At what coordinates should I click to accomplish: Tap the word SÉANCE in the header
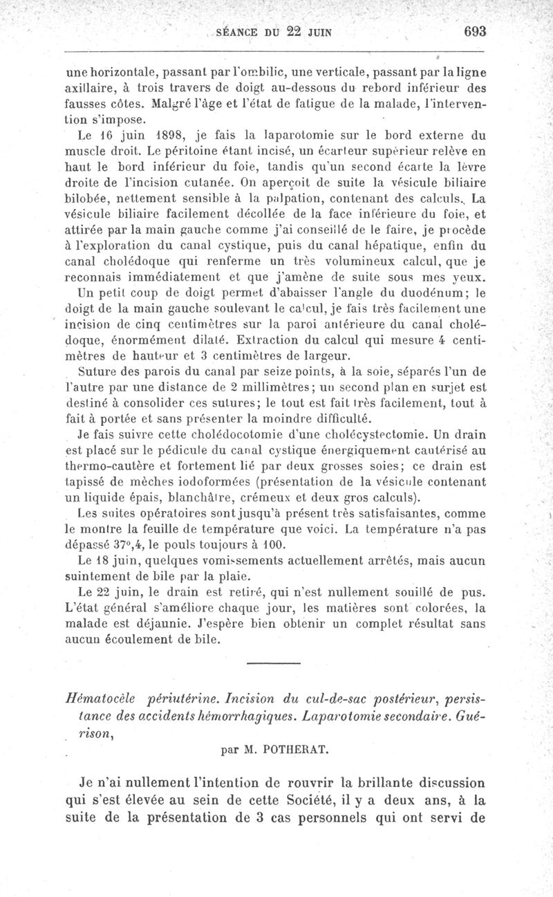point(237,32)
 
